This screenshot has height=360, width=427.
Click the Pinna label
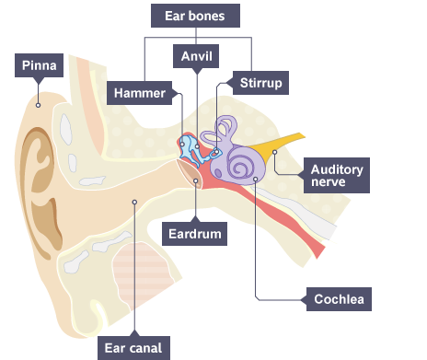click(x=40, y=66)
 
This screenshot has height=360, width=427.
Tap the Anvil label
click(x=196, y=56)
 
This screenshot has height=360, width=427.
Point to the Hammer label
click(x=140, y=92)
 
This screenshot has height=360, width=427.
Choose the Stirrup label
click(x=259, y=83)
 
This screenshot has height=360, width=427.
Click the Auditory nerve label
click(x=338, y=175)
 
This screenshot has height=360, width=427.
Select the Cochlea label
click(x=339, y=299)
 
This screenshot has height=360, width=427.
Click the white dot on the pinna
click(x=38, y=105)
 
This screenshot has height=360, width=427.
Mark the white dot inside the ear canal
click(x=134, y=203)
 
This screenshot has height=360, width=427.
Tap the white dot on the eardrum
click(x=197, y=180)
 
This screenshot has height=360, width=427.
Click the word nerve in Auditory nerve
click(x=328, y=182)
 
